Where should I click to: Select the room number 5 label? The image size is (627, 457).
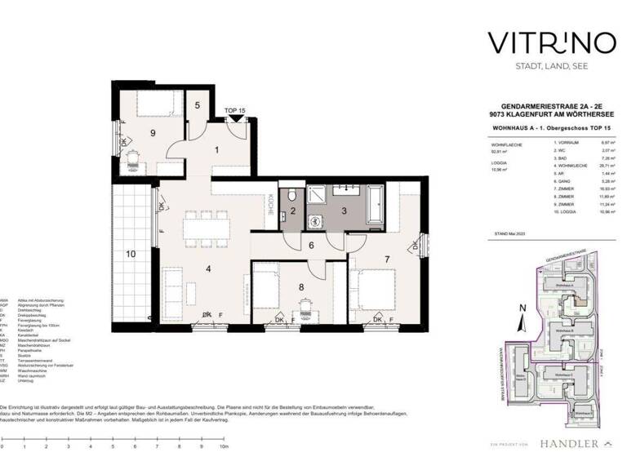198,105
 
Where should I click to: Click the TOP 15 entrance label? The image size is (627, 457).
236,110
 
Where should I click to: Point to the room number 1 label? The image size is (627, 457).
216,149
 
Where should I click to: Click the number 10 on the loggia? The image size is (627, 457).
130,254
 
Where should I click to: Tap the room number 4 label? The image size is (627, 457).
208,268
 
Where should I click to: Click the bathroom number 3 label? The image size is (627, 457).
344,211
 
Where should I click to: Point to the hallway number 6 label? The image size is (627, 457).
311,246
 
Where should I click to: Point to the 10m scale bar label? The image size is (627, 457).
221,447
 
